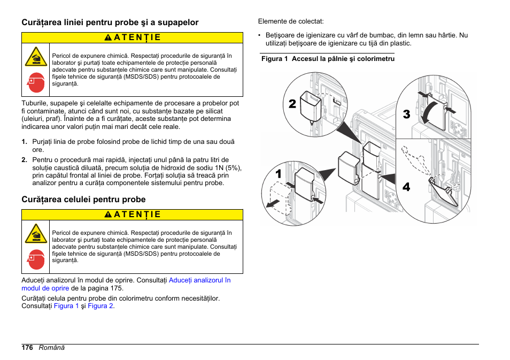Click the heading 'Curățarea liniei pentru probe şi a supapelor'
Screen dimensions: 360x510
tap(110, 22)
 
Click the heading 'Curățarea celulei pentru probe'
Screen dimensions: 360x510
tap(83, 200)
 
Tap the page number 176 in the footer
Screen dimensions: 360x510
tap(27, 348)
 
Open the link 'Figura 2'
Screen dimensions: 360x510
tap(101, 307)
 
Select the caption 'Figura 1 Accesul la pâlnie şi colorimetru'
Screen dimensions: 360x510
tap(327, 59)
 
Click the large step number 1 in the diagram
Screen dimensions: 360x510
tap(279, 174)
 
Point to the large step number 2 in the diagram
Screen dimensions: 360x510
tap(292, 104)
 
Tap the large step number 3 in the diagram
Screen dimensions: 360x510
tap(406, 114)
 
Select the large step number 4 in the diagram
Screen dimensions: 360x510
tap(406, 187)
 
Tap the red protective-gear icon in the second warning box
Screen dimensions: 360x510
tap(36, 259)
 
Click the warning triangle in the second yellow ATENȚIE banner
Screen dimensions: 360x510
tap(108, 215)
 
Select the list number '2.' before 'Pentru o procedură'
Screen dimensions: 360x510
tap(25, 160)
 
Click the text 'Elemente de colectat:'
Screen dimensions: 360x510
tap(291, 22)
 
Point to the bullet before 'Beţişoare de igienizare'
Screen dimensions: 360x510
tap(259, 36)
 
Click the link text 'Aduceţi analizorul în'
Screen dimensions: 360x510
tap(199, 280)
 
